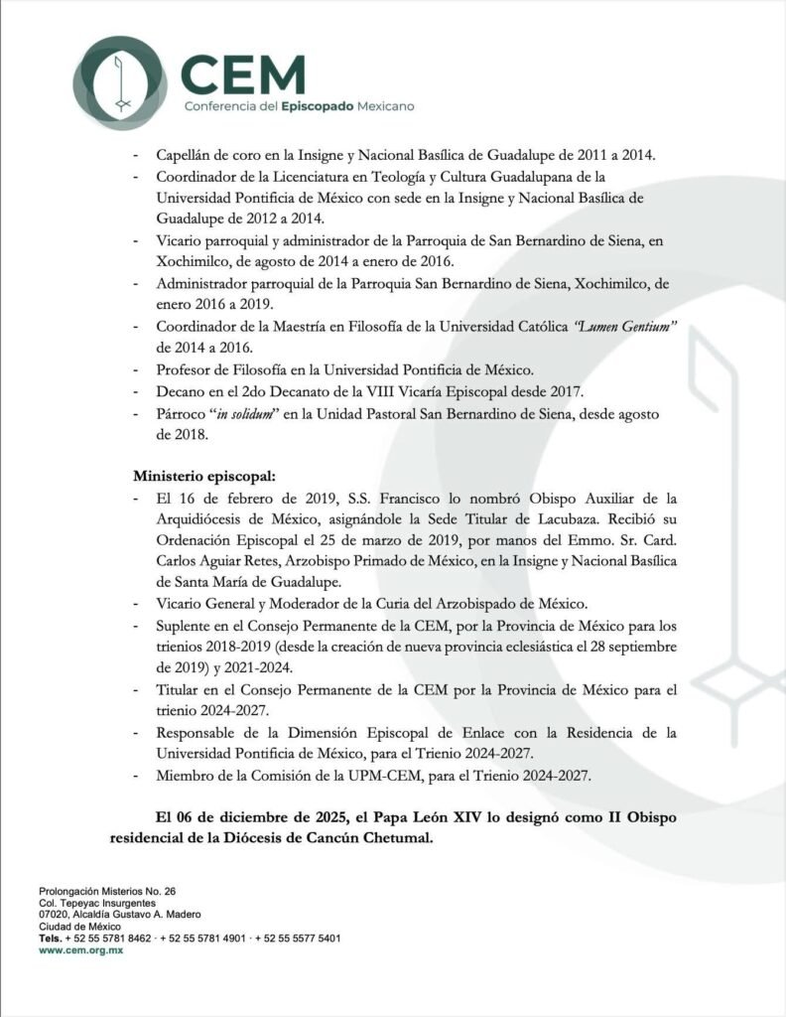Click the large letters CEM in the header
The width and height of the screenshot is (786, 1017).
(244, 73)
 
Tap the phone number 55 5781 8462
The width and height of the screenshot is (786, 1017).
(119, 938)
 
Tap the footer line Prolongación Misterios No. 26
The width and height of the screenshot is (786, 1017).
(106, 892)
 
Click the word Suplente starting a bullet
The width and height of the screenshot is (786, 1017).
(187, 627)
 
